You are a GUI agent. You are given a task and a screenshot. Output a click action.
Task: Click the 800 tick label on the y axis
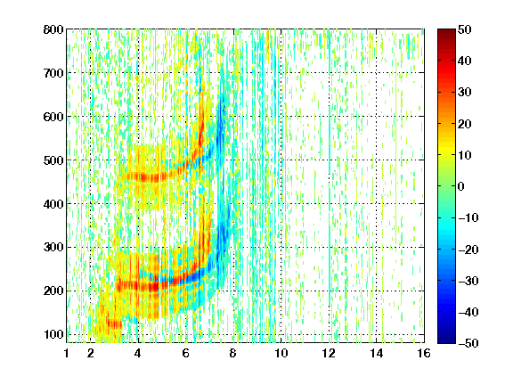[53, 29]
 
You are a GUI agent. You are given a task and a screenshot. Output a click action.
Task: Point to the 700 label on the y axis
[53, 73]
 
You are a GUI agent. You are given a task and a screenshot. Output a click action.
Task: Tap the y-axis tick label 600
[53, 117]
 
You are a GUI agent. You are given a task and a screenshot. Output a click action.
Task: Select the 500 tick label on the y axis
[53, 160]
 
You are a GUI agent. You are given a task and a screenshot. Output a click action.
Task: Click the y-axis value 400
[53, 204]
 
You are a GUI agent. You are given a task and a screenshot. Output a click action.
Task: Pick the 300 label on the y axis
[53, 248]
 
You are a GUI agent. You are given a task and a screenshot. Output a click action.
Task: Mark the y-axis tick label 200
[53, 291]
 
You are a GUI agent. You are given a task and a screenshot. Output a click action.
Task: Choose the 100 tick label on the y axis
[53, 334]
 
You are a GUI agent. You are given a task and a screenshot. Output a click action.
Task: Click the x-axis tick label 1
[67, 353]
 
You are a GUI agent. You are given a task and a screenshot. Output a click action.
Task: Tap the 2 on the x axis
[91, 353]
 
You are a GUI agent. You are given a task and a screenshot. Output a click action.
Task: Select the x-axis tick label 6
[186, 353]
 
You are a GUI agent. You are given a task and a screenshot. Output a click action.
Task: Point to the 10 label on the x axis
[281, 353]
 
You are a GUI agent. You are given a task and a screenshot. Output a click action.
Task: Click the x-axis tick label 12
[329, 353]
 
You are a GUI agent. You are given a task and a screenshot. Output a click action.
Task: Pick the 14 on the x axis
[377, 353]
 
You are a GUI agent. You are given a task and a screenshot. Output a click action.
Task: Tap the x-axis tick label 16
[424, 353]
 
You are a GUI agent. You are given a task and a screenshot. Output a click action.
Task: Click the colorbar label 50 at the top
[465, 29]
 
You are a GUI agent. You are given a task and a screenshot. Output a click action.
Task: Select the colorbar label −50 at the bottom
[468, 343]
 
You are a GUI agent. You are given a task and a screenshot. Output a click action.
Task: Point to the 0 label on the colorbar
[461, 186]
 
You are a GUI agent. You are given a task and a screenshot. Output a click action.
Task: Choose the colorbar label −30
[468, 281]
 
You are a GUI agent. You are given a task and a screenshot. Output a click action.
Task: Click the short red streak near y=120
[115, 324]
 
